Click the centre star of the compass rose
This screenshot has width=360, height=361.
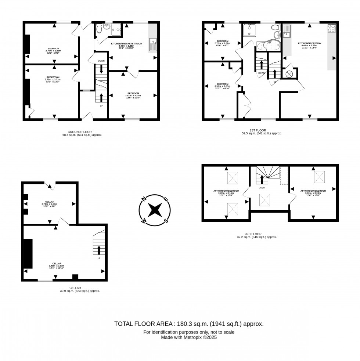click(x=155, y=210)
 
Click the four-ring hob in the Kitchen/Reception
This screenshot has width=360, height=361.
click(x=331, y=29)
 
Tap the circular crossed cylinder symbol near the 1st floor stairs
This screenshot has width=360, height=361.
click(x=289, y=74)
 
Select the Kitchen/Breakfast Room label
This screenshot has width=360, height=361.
click(x=126, y=46)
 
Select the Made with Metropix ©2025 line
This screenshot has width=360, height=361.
click(x=189, y=337)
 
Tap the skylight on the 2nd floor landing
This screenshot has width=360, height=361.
click(x=265, y=201)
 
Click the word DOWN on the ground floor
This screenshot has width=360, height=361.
click(x=101, y=61)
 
